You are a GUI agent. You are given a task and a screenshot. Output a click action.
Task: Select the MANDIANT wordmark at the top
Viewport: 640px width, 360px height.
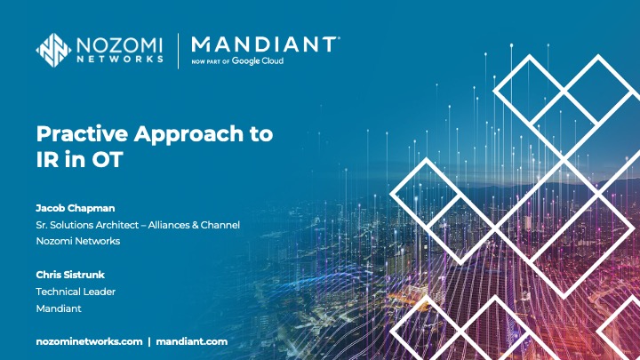click(x=264, y=44)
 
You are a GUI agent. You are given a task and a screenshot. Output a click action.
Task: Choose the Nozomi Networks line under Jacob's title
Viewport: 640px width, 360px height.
click(x=77, y=241)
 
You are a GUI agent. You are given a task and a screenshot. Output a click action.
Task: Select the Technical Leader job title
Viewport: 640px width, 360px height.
click(x=76, y=291)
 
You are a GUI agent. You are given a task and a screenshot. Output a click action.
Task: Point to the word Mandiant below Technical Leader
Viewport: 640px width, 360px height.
click(x=60, y=308)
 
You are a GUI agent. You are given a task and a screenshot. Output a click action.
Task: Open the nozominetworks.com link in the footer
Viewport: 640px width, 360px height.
click(x=89, y=341)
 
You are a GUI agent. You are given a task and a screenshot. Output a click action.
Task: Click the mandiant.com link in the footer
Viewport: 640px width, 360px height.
click(x=192, y=341)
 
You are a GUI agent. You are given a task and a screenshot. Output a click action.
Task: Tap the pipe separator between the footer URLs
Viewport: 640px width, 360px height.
click(x=149, y=341)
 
